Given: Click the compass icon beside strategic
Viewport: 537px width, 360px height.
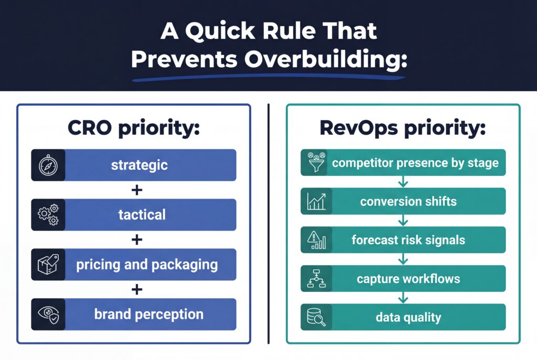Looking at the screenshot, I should pos(48,165).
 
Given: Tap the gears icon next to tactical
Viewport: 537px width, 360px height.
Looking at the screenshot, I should pos(48,215).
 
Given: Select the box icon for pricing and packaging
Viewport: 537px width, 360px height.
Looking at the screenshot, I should pos(48,264).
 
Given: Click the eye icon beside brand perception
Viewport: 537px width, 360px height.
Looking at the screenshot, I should pos(48,314).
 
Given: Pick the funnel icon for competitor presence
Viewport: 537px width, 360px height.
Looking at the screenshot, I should pos(316,162).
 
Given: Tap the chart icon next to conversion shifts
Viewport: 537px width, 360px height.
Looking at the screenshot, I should pos(316,201).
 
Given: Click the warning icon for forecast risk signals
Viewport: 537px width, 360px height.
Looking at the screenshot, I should pos(316,240).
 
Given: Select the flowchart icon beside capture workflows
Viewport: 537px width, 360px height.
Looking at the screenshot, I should pos(316,279).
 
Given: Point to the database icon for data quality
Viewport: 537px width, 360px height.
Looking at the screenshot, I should pos(316,317).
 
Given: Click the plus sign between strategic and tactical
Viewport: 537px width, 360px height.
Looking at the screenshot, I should pos(137,190).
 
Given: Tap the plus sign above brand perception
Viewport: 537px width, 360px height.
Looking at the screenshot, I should pos(137,289).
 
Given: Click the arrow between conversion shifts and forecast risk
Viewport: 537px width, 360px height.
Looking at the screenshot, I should pos(403,221).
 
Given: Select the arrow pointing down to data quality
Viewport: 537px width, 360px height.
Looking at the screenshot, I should pos(403,298).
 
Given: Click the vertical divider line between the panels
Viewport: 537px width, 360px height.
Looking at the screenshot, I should pos(268,225).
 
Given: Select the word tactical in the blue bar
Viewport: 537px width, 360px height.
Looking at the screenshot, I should pos(142,215).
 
